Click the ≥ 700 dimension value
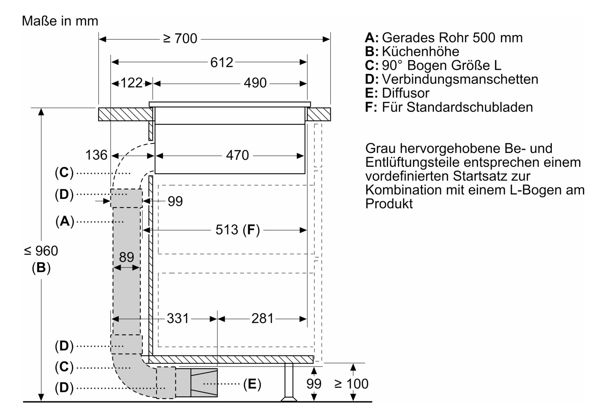(x=180, y=39)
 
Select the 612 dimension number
(x=222, y=63)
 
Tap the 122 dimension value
(x=132, y=83)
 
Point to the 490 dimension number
(x=255, y=83)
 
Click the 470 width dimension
(x=237, y=155)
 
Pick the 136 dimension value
(x=96, y=155)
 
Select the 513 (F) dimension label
(x=238, y=230)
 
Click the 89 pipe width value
(x=127, y=257)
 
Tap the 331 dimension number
(x=178, y=319)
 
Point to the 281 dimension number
(x=262, y=319)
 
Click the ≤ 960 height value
(x=41, y=251)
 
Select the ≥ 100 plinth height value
(x=351, y=384)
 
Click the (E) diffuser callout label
(x=252, y=384)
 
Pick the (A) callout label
(x=65, y=222)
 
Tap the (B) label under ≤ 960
(x=41, y=268)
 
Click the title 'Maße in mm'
(x=60, y=21)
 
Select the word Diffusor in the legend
(x=406, y=93)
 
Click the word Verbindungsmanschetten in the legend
(x=460, y=79)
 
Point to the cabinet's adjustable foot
(x=289, y=382)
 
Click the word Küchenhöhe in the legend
(x=421, y=52)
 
